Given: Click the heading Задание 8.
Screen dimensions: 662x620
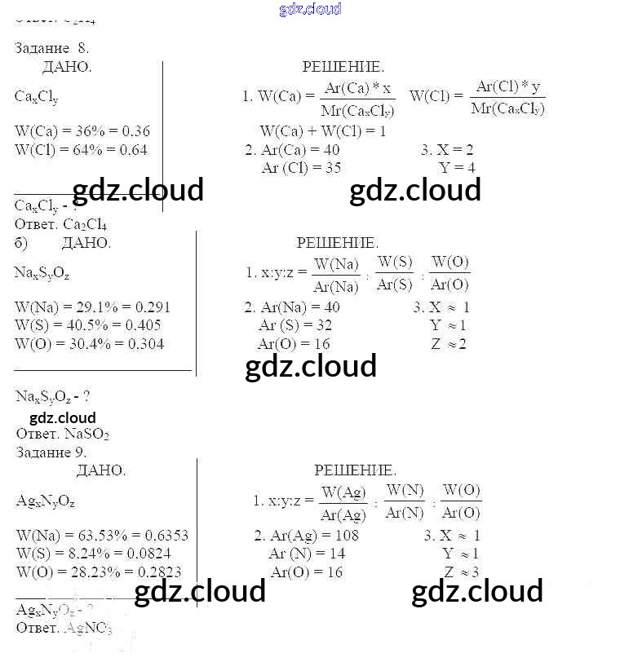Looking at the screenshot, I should point(52,48).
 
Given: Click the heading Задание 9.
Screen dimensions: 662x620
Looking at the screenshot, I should point(51,452).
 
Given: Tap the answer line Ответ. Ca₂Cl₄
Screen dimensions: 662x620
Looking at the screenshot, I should point(60,225).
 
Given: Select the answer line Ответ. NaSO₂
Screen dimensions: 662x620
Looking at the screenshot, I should point(62,435).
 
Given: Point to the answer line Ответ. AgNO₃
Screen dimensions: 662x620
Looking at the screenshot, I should point(64,628).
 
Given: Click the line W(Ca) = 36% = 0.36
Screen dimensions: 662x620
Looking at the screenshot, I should point(82,131).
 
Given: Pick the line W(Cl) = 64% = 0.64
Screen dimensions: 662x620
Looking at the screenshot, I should point(82,150).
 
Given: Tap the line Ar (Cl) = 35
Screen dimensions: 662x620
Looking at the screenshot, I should point(301,168).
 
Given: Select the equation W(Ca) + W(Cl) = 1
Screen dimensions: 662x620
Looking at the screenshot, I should point(323,131).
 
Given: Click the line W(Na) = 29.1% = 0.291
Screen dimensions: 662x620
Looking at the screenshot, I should point(93,308).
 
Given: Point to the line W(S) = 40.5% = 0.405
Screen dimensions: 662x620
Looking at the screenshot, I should point(88,325).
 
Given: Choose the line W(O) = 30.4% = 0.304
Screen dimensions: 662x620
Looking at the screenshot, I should point(90,344).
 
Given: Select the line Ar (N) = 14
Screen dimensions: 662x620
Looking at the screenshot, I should point(307,554).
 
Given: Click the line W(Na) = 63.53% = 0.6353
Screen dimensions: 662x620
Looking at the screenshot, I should point(102,536).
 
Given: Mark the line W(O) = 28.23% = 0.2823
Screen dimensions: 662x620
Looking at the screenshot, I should point(99,572).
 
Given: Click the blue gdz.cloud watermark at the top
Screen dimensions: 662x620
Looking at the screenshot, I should point(310,9).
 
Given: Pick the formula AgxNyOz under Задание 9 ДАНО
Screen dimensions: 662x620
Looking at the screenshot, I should point(46,501).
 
